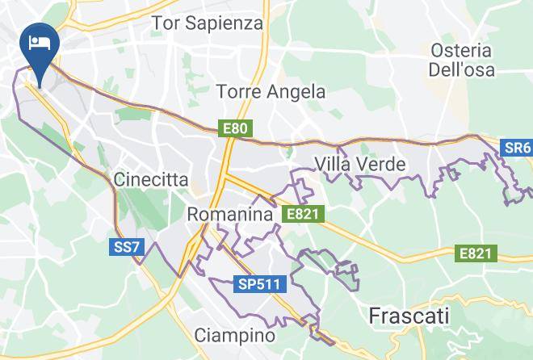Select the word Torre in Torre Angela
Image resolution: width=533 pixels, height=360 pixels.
pyautogui.click(x=240, y=92)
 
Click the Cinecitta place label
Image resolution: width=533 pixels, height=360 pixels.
pyautogui.click(x=152, y=178)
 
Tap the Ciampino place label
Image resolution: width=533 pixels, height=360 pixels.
pyautogui.click(x=235, y=335)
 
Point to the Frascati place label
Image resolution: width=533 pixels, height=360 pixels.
pyautogui.click(x=408, y=316)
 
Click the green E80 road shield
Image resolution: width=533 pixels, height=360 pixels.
pyautogui.click(x=237, y=128)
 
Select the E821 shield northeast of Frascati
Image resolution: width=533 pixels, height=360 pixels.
pyautogui.click(x=475, y=253)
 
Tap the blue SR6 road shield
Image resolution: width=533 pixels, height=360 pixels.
pyautogui.click(x=516, y=148)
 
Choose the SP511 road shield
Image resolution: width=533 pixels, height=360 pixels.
pyautogui.click(x=258, y=284)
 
